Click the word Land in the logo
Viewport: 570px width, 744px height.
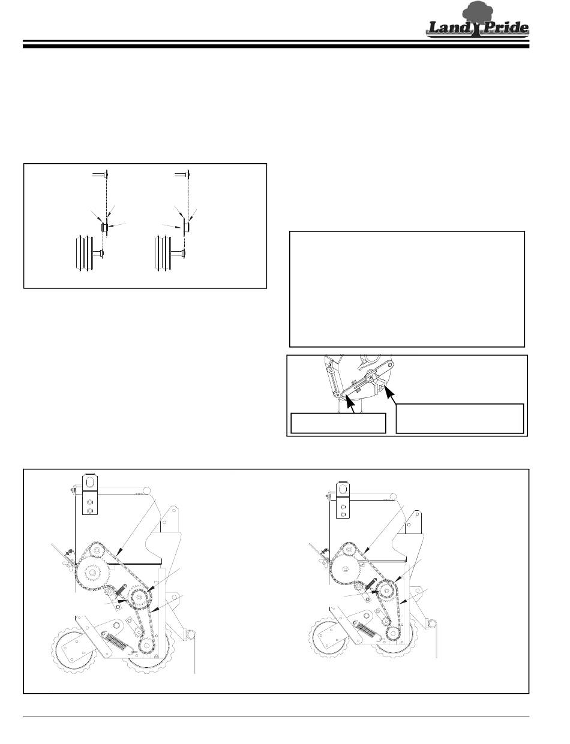coord(449,27)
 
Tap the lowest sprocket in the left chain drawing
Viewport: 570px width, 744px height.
coord(146,646)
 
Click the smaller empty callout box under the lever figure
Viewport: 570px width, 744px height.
coord(338,423)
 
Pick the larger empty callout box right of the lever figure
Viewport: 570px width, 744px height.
coord(460,418)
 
